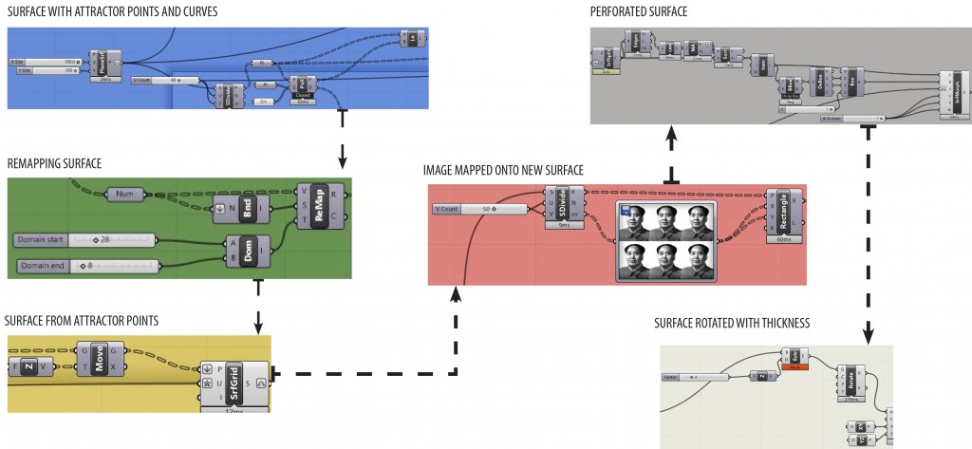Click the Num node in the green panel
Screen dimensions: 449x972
123,194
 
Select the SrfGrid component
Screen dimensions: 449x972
233,384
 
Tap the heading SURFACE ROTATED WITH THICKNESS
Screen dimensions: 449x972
732,324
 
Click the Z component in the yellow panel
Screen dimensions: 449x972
29,365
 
